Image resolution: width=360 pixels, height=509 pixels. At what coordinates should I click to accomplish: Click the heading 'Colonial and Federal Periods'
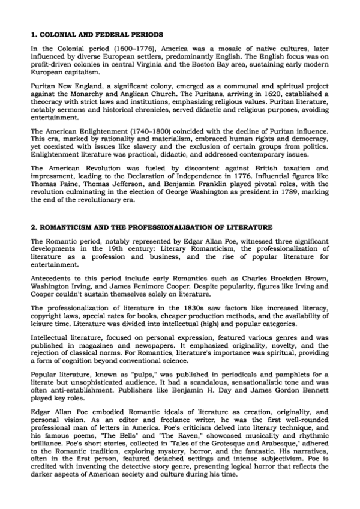[x=89, y=35]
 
